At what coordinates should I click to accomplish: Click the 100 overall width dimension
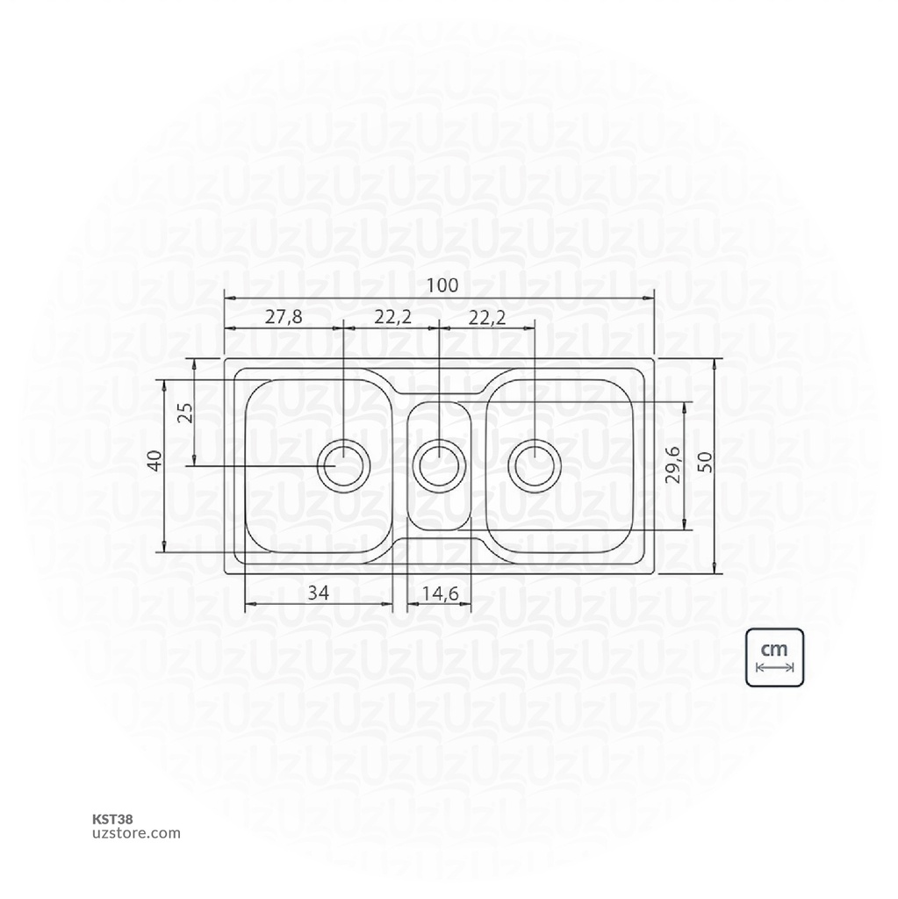click(443, 285)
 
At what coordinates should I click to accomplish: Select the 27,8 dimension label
click(283, 317)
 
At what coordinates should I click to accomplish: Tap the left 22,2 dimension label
click(392, 317)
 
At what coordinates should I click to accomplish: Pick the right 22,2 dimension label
click(486, 317)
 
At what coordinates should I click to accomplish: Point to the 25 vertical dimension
click(184, 412)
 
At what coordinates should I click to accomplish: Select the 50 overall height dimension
click(705, 462)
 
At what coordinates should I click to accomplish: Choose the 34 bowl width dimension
click(318, 593)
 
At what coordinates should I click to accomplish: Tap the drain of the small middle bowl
click(439, 464)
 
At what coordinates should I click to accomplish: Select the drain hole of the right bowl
click(533, 464)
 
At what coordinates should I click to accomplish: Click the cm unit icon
click(774, 657)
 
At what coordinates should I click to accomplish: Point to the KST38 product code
click(112, 818)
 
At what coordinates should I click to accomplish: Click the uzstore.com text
click(136, 833)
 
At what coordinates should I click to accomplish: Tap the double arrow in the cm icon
click(774, 668)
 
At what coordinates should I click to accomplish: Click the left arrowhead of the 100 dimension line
click(229, 298)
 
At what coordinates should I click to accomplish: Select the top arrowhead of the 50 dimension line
click(716, 363)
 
